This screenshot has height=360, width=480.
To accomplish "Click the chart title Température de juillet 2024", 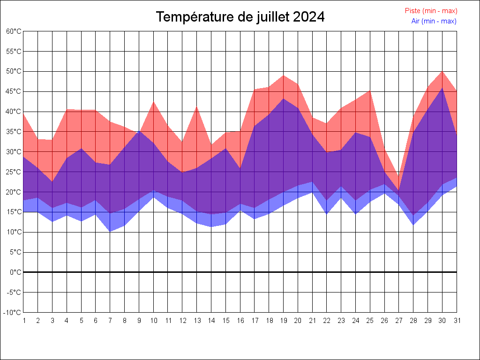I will click(x=240, y=17).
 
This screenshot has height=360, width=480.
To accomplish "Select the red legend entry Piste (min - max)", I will click(x=431, y=11).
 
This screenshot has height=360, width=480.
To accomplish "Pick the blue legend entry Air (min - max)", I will click(x=434, y=21).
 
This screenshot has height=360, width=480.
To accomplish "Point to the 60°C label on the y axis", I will click(x=14, y=31).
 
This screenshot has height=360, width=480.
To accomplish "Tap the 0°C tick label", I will click(x=16, y=272).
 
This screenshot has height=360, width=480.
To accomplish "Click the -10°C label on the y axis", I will click(x=13, y=313).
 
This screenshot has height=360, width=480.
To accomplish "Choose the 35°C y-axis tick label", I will click(x=14, y=132).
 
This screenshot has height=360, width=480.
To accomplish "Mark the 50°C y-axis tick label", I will click(x=14, y=71).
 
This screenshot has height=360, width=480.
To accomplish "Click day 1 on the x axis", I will click(x=24, y=321).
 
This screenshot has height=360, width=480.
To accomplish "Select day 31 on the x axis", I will click(x=457, y=321).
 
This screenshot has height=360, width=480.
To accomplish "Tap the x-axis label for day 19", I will click(x=283, y=321).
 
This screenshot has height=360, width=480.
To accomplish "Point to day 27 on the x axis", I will click(x=399, y=321).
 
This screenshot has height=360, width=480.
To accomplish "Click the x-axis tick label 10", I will click(x=153, y=321).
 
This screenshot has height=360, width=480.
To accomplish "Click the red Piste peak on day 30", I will click(x=442, y=71).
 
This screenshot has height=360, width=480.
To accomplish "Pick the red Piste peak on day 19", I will click(x=283, y=75).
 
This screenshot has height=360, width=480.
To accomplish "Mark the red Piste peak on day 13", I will click(x=196, y=107).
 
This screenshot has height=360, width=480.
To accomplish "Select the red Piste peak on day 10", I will click(x=153, y=102).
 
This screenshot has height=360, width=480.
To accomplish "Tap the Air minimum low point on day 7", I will click(x=110, y=231).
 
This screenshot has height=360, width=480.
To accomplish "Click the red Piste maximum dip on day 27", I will click(x=399, y=177).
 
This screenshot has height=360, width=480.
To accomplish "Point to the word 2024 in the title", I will click(x=308, y=17).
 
